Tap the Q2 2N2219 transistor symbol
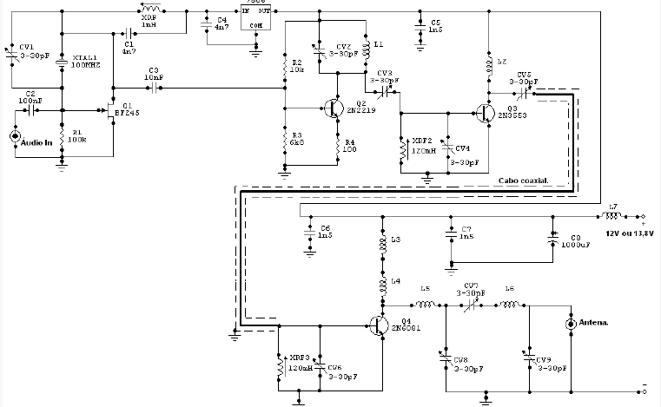click(x=334, y=108)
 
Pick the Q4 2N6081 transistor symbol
click(x=379, y=323)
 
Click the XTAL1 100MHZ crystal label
click(x=86, y=61)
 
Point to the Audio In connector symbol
click(x=15, y=136)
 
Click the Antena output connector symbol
click(x=570, y=324)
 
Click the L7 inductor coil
click(x=609, y=215)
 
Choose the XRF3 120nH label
click(x=300, y=362)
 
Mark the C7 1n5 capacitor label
click(x=466, y=232)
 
